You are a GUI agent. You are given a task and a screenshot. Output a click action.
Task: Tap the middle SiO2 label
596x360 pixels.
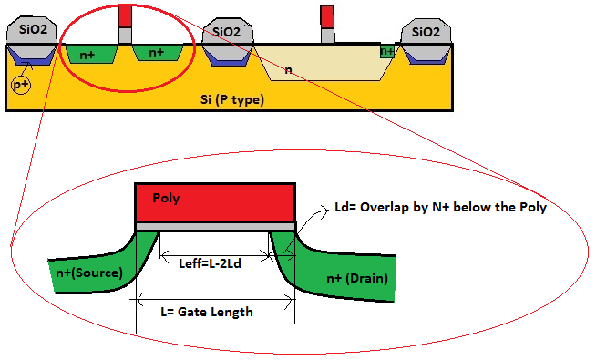click(227, 32)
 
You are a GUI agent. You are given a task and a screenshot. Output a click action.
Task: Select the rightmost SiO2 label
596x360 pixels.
click(426, 32)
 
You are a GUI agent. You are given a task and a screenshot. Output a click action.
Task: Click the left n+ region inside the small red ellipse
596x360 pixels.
click(89, 55)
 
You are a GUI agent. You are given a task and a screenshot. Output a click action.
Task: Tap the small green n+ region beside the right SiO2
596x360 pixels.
click(388, 52)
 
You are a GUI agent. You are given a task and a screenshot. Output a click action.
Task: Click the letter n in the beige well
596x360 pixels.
click(288, 69)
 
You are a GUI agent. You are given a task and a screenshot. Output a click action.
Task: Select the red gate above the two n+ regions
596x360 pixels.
click(126, 15)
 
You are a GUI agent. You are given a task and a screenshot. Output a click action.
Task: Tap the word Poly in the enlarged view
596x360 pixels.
click(167, 197)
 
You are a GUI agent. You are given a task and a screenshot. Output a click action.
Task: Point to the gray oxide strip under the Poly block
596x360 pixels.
click(215, 225)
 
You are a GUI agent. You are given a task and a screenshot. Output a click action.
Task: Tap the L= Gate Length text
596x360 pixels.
click(209, 311)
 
